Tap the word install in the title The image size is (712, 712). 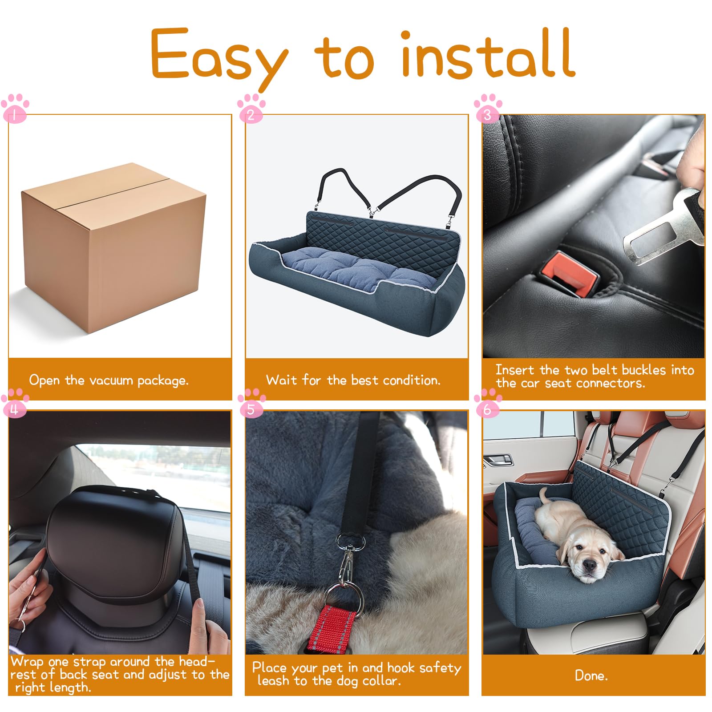(x=488, y=54)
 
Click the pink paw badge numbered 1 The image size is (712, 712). (x=15, y=108)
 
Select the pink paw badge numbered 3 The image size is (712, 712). (x=488, y=108)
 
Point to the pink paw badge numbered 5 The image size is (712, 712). (x=251, y=403)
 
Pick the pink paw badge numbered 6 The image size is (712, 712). (x=488, y=403)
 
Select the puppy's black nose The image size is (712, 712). (x=589, y=566)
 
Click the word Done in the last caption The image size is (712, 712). (x=591, y=676)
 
